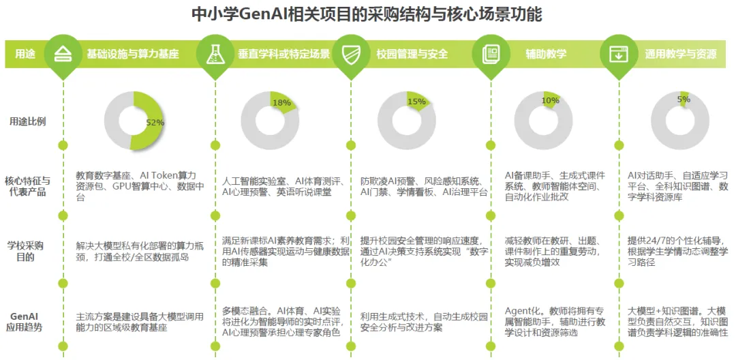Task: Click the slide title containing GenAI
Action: (x=367, y=14)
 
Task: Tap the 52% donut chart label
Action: (x=155, y=123)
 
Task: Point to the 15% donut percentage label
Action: (x=416, y=102)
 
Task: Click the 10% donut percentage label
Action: (x=550, y=101)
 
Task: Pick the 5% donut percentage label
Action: (x=684, y=99)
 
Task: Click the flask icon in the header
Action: (x=215, y=53)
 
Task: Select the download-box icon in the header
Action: (x=618, y=53)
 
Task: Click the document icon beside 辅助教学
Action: (x=490, y=53)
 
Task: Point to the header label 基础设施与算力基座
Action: (x=132, y=54)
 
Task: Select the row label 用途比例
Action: (x=28, y=121)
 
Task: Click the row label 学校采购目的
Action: (x=28, y=251)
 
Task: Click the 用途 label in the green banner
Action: (x=25, y=54)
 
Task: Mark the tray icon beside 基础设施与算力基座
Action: (x=63, y=53)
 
